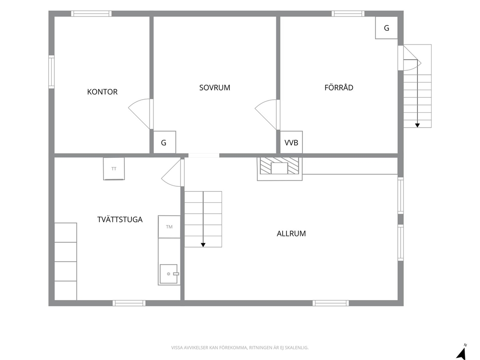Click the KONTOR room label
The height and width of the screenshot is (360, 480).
(x=102, y=92)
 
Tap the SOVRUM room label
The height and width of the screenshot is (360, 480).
(x=214, y=88)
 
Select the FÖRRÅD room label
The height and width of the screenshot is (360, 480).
(x=339, y=88)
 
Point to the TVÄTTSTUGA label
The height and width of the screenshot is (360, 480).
(x=120, y=220)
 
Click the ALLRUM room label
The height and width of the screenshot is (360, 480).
(x=291, y=234)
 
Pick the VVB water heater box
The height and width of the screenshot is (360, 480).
(x=291, y=142)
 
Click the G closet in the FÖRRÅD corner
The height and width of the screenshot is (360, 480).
(x=387, y=28)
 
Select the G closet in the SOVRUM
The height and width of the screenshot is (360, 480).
(x=165, y=142)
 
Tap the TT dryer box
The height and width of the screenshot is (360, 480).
(x=114, y=169)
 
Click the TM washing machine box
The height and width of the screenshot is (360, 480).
(x=169, y=227)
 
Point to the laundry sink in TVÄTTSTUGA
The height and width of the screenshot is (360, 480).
(x=169, y=274)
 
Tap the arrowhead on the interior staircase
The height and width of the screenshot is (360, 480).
(x=203, y=245)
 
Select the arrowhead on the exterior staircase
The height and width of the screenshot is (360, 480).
(x=417, y=125)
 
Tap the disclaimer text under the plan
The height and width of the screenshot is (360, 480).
(x=240, y=348)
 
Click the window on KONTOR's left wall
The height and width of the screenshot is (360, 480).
(x=51, y=72)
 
